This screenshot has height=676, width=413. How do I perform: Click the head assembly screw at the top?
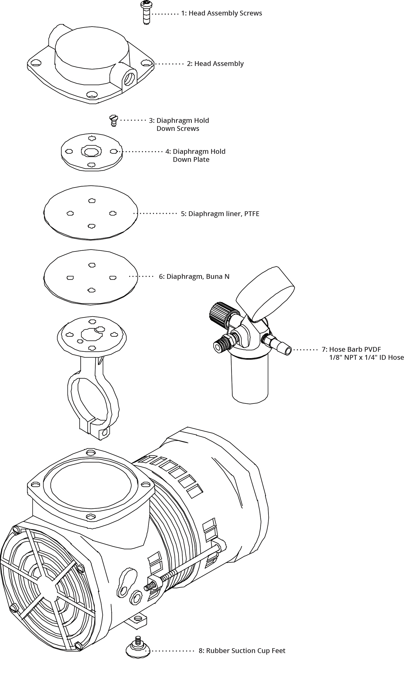click(146, 12)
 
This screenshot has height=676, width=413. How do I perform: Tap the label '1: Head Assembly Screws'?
click(221, 13)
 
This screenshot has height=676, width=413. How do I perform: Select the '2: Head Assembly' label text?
click(215, 64)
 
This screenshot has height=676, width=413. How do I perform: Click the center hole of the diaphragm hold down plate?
click(91, 151)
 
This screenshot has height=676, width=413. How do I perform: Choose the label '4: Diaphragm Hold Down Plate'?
click(195, 155)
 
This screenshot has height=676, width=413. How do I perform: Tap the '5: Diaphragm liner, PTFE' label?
click(220, 214)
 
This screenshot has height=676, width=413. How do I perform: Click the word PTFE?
click(252, 214)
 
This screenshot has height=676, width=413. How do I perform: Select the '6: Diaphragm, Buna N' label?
click(194, 276)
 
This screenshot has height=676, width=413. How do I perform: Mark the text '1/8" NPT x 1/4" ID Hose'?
click(366, 357)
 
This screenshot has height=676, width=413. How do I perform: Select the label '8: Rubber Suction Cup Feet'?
click(242, 650)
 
